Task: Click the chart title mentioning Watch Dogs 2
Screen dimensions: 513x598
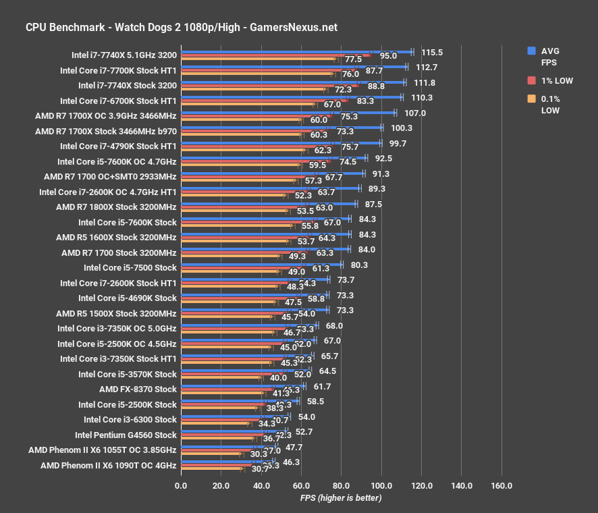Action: [181, 28]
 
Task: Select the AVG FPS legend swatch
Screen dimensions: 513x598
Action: [532, 51]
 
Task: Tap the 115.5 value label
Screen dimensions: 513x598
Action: [432, 52]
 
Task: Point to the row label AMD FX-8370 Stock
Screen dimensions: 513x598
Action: [138, 389]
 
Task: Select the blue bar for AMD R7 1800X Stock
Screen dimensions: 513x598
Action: [269, 204]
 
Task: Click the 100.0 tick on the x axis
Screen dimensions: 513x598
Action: [381, 486]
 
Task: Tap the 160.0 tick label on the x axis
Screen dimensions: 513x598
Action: [501, 486]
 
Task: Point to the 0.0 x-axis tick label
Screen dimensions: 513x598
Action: [181, 486]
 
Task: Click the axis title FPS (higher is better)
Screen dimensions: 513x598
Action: [341, 498]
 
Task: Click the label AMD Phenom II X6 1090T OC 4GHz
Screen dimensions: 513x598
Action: [108, 466]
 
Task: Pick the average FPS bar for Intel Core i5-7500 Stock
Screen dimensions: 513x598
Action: [261, 265]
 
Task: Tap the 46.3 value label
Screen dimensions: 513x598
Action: [292, 462]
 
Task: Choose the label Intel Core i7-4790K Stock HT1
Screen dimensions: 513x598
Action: [118, 146]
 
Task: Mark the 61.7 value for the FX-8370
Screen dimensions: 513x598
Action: [323, 386]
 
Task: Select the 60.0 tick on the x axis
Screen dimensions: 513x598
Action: [301, 486]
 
